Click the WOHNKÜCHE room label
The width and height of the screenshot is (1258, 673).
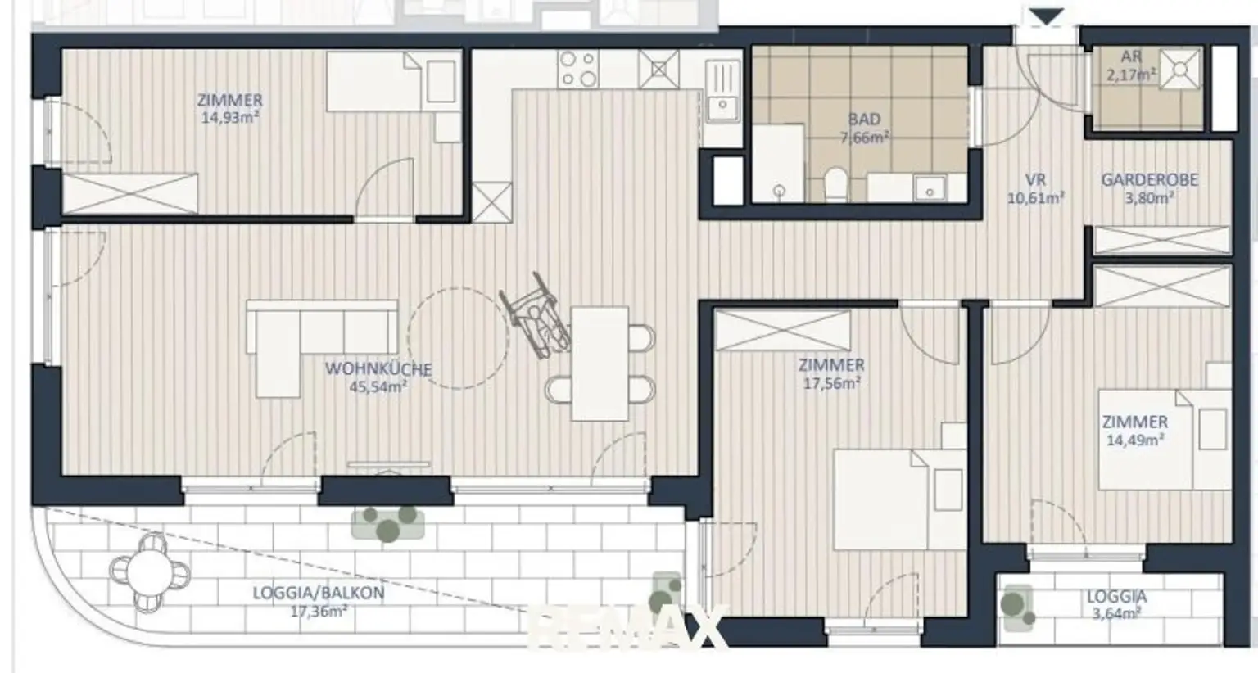378,369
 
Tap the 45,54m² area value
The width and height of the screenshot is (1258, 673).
378,387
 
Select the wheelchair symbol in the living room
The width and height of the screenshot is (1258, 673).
535,316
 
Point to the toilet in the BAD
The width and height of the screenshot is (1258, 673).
836,184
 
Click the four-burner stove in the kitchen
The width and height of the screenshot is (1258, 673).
578,69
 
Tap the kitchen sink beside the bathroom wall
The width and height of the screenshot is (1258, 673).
723,92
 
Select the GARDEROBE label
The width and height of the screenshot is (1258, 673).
1150,180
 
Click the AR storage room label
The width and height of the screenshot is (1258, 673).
1131,56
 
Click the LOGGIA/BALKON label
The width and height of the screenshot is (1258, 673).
319,593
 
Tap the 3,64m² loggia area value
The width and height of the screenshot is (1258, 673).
1116,613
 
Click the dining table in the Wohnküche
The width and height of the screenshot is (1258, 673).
600,364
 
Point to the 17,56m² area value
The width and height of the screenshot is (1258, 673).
832,383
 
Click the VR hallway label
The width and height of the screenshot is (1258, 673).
1035,180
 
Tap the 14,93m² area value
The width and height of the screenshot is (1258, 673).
230,118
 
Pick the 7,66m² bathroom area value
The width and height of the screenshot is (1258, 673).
864,137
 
